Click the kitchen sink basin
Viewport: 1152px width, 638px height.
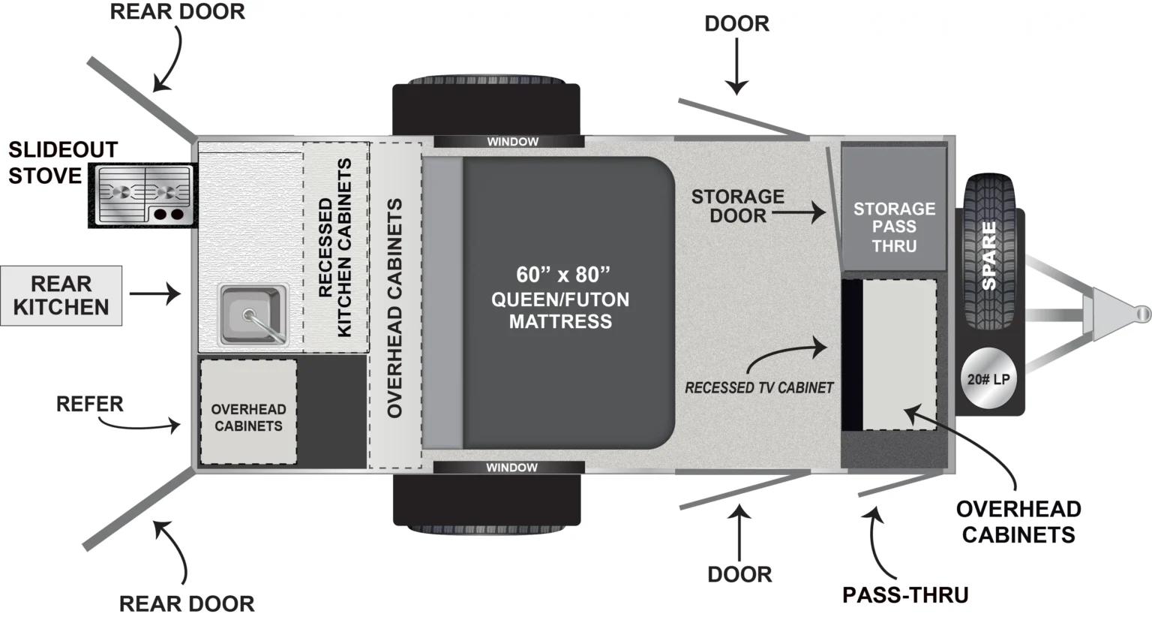pyautogui.click(x=253, y=314)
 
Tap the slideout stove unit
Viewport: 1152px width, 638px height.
pyautogui.click(x=143, y=195)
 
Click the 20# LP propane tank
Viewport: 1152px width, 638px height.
pyautogui.click(x=988, y=379)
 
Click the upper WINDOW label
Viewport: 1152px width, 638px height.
pyautogui.click(x=512, y=142)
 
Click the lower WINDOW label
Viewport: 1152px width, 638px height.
pyautogui.click(x=511, y=468)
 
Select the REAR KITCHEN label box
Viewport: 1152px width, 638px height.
pyautogui.click(x=61, y=296)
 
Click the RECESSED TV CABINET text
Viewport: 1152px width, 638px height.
pyautogui.click(x=758, y=388)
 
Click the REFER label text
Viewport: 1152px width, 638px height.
pyautogui.click(x=89, y=405)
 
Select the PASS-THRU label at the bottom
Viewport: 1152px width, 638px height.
pyautogui.click(x=905, y=595)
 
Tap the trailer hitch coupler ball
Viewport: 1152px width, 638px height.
pyautogui.click(x=1141, y=312)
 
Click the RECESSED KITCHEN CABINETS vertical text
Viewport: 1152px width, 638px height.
pyautogui.click(x=335, y=248)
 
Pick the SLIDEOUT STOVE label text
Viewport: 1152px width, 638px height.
pyautogui.click(x=63, y=163)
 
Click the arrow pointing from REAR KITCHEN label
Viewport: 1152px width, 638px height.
pyautogui.click(x=155, y=293)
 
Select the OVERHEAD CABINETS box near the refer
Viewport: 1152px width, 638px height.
pyautogui.click(x=248, y=411)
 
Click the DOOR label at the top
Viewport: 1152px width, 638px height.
pyautogui.click(x=736, y=24)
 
